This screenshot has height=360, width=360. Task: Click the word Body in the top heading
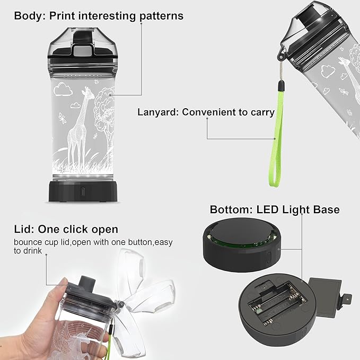point(28,15)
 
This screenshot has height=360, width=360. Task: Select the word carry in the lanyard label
point(261,112)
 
